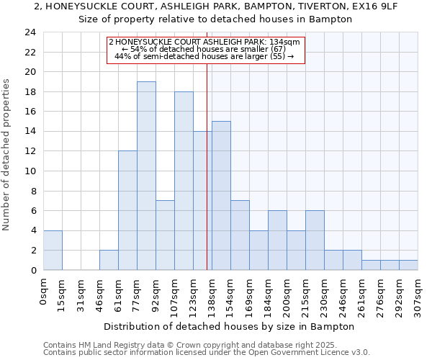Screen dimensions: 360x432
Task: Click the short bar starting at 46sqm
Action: click(109, 260)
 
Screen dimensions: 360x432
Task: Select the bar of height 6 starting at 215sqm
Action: click(315, 240)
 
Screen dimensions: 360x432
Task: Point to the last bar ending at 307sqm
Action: click(408, 265)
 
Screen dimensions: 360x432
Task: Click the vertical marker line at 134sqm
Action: click(207, 166)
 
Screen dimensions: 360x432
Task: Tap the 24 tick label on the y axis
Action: click(30, 32)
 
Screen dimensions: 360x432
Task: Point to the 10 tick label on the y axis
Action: click(30, 171)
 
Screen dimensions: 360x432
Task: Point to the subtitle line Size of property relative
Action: click(215, 19)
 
